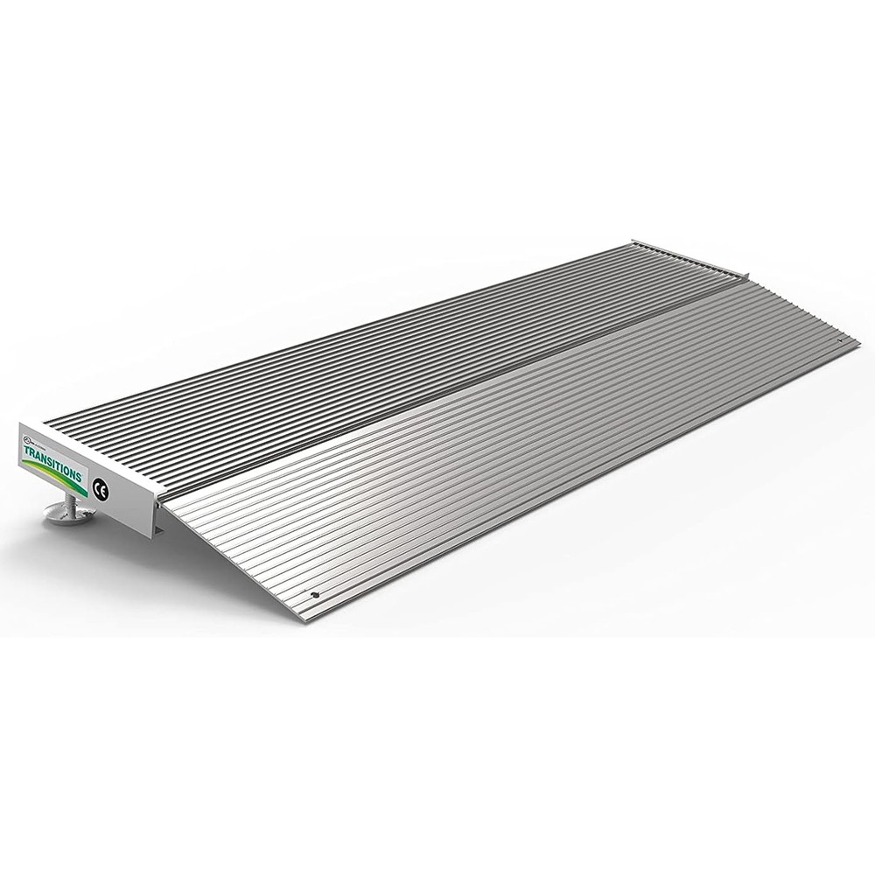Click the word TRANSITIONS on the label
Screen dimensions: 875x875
coord(51,463)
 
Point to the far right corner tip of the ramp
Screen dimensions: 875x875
coord(853,343)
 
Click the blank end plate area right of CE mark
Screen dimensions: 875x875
coord(131,503)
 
